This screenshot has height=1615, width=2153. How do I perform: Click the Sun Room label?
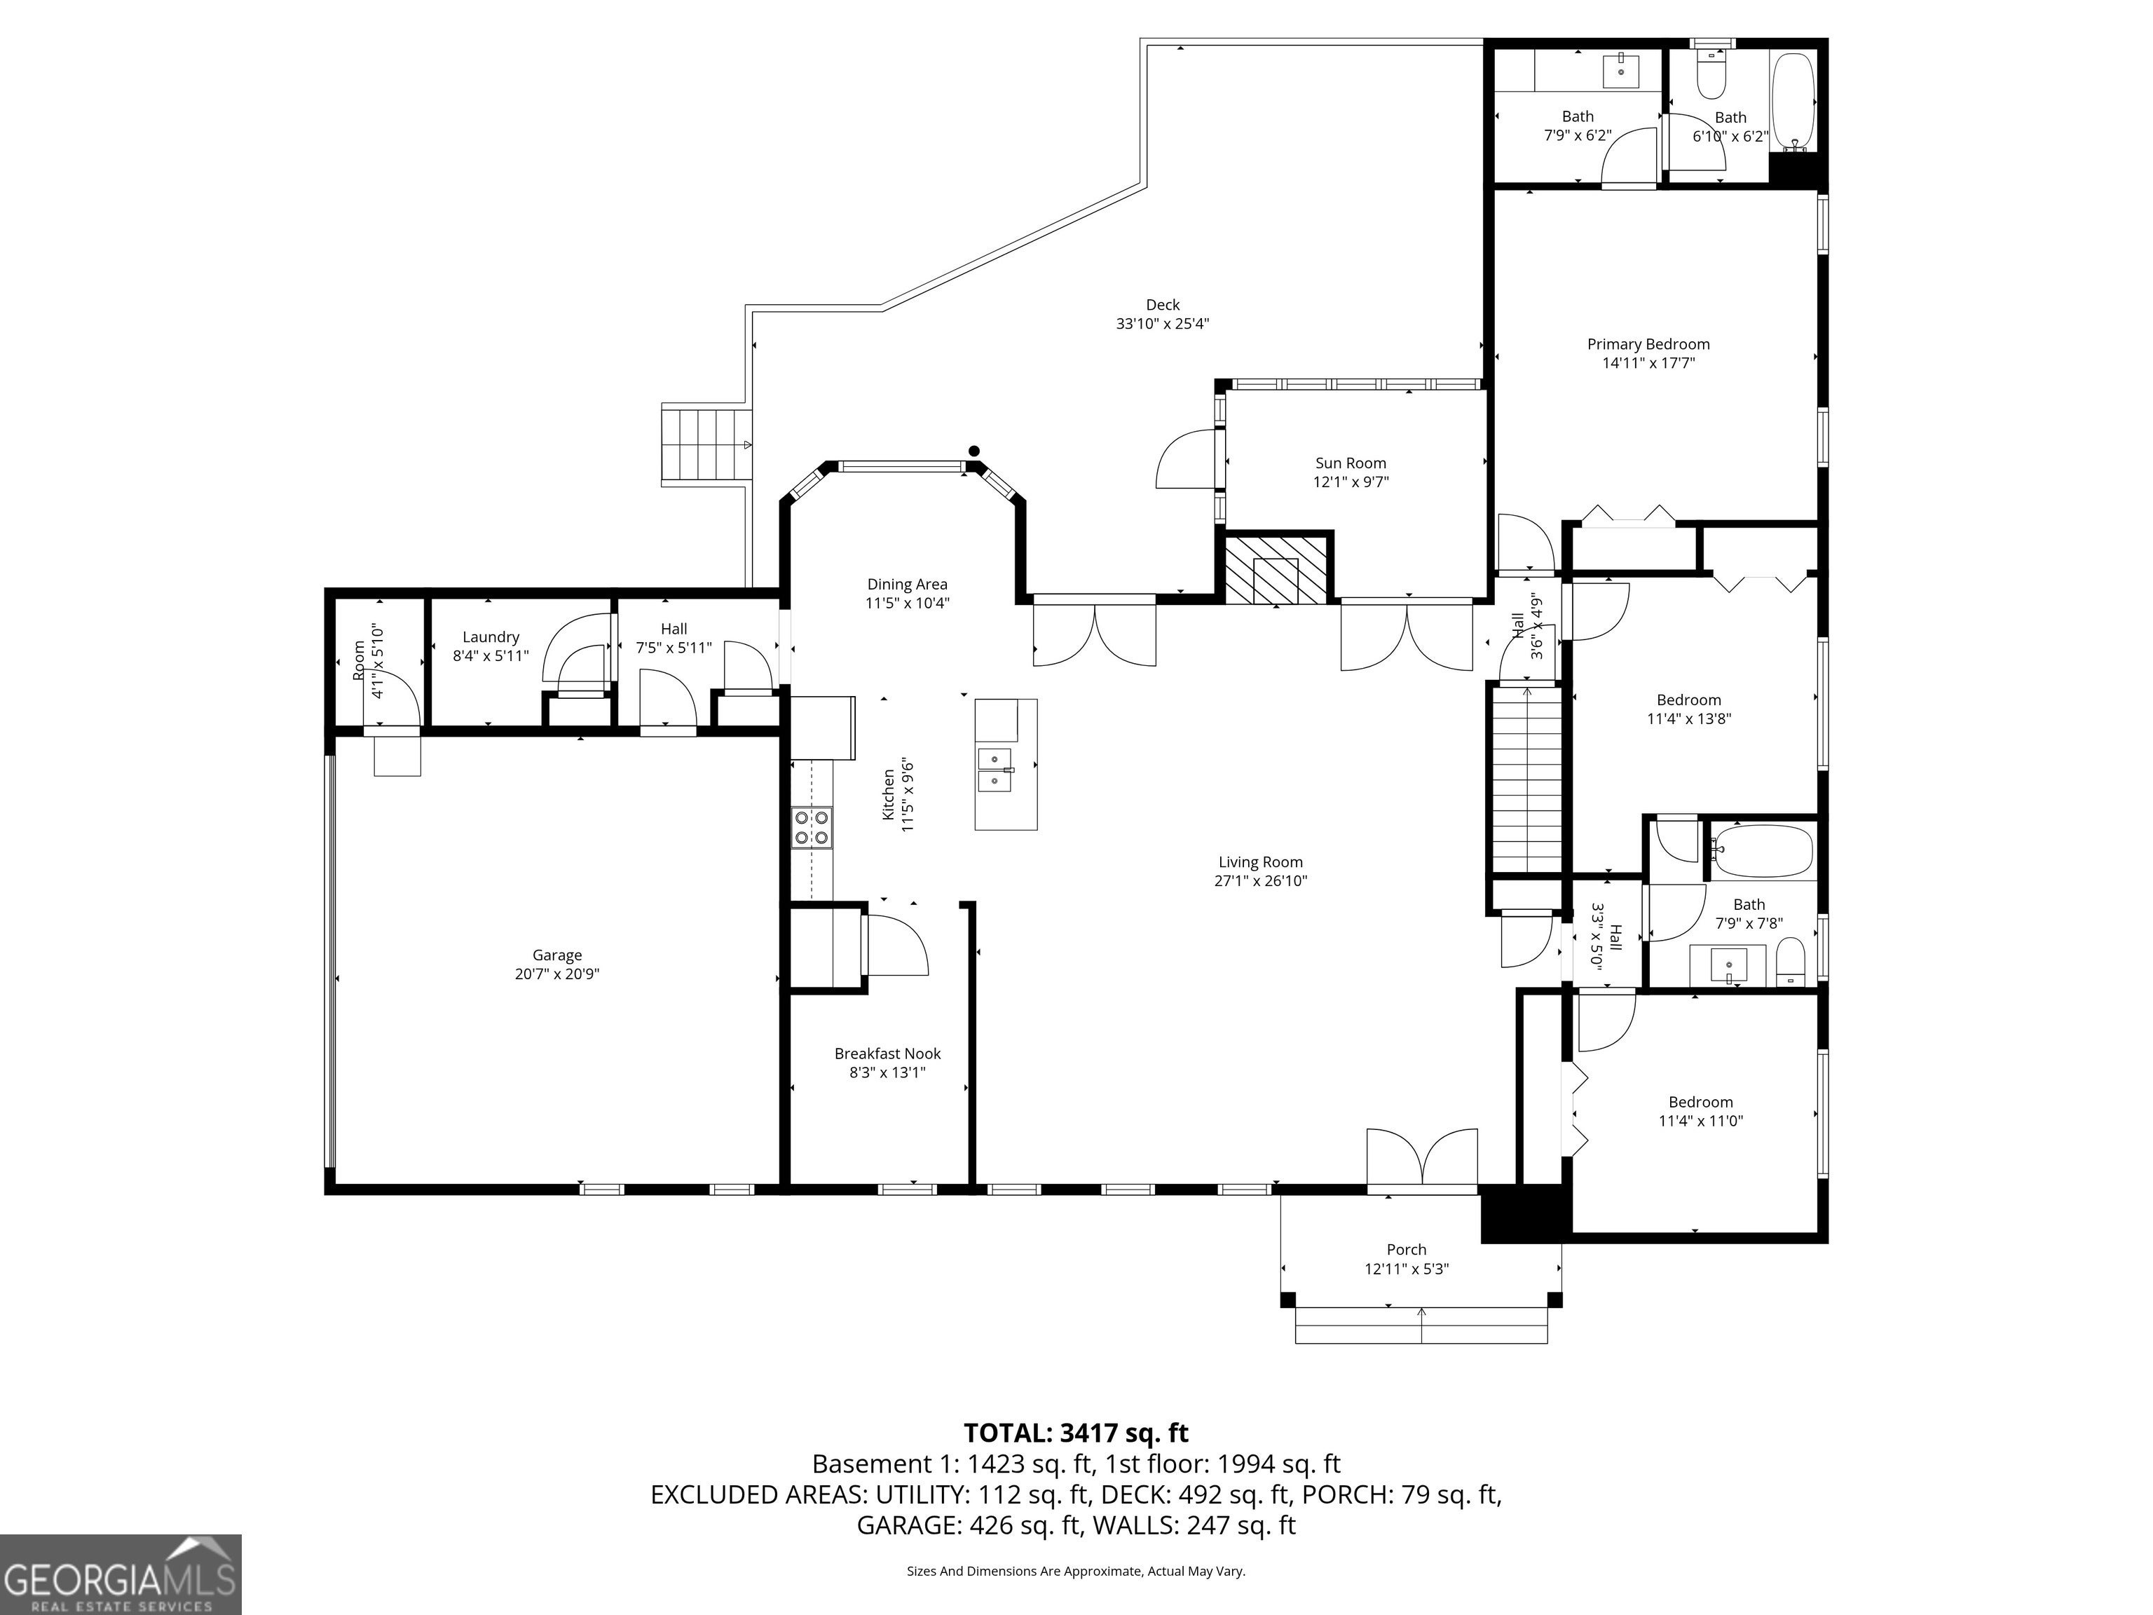click(1351, 463)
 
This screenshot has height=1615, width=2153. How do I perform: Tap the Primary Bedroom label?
click(1648, 343)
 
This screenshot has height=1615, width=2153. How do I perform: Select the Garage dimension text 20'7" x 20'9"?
click(556, 974)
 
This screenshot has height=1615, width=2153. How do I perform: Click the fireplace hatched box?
click(1274, 568)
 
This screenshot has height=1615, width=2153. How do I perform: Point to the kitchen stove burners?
click(812, 827)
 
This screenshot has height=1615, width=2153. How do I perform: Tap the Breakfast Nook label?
click(888, 1054)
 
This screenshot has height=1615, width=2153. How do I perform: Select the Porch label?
click(1407, 1249)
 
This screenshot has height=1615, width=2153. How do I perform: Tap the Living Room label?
click(1260, 861)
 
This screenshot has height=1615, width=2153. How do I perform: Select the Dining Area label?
click(907, 584)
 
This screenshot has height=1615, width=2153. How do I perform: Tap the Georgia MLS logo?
click(121, 1574)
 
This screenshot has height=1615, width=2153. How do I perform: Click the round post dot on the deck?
click(973, 450)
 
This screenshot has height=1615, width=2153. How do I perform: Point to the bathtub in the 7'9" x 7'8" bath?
click(1763, 852)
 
